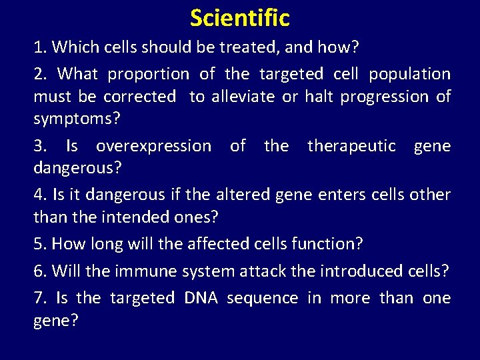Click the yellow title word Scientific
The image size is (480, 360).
(240, 17)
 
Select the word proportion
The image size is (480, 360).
(148, 73)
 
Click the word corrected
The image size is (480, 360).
(139, 97)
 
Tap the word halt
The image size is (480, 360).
(319, 97)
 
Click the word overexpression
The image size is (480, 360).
(153, 146)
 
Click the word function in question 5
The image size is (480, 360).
(325, 243)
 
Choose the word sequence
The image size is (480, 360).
(262, 298)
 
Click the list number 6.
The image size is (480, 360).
(39, 271)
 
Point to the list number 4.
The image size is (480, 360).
(39, 195)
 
